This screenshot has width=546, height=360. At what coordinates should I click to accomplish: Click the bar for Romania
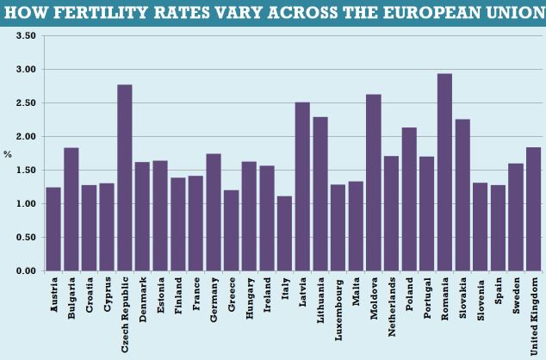[444, 172]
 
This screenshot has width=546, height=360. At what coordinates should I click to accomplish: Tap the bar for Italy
[285, 233]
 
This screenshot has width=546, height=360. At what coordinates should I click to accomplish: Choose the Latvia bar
[302, 186]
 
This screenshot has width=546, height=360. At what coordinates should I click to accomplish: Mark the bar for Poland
[409, 199]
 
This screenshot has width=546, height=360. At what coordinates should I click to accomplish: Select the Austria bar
[53, 229]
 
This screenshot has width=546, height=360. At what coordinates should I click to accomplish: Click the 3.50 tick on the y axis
[26, 36]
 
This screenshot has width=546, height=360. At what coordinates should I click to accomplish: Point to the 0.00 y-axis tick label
[26, 271]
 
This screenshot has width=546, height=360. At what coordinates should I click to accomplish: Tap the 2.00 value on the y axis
[26, 137]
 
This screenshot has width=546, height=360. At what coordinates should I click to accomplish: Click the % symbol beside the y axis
[8, 154]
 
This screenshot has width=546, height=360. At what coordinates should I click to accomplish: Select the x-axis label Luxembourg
[339, 305]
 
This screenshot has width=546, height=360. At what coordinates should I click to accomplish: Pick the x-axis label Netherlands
[393, 305]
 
